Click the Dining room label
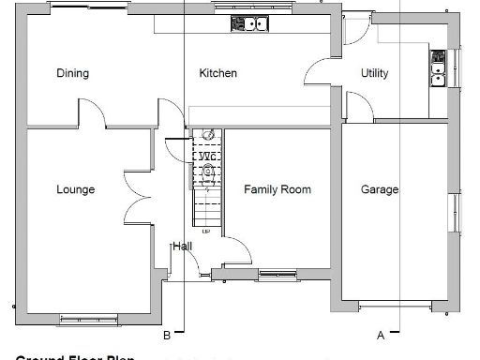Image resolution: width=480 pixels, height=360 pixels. pyautogui.click(x=72, y=73)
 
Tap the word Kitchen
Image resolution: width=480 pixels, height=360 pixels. pyautogui.click(x=217, y=73)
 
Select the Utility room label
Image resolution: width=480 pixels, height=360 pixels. pyautogui.click(x=374, y=73)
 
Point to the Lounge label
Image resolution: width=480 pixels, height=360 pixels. pyautogui.click(x=75, y=189)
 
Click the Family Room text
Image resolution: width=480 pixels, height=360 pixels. pyautogui.click(x=277, y=189)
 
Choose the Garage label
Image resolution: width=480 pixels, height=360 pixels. pyautogui.click(x=380, y=189)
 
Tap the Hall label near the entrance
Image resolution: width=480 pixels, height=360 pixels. pyautogui.click(x=182, y=247)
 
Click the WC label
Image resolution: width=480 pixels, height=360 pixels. pyautogui.click(x=207, y=156)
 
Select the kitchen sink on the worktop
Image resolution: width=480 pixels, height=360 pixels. pyautogui.click(x=250, y=24)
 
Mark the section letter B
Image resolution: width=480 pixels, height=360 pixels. pyautogui.click(x=166, y=335)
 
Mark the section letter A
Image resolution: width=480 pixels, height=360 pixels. pyautogui.click(x=381, y=335)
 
